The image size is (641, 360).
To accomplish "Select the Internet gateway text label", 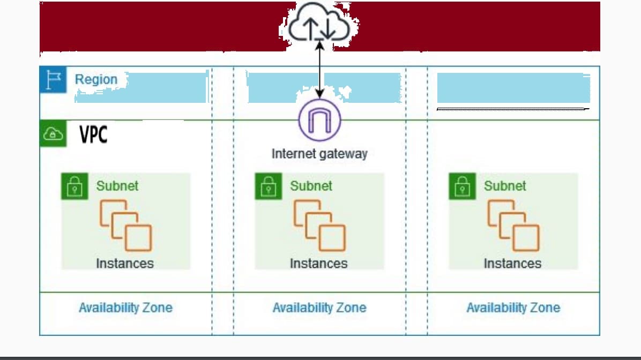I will pyautogui.click(x=319, y=154).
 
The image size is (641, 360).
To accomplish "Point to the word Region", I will pyautogui.click(x=96, y=79).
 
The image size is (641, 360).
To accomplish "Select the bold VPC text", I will pyautogui.click(x=94, y=134).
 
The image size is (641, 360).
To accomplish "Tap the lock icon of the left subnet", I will pyautogui.click(x=74, y=186).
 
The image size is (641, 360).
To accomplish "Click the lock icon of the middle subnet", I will pyautogui.click(x=268, y=186).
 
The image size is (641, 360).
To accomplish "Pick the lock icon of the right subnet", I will pyautogui.click(x=462, y=186).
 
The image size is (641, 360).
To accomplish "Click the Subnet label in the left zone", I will pyautogui.click(x=117, y=186).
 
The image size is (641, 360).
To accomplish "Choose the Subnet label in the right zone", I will pyautogui.click(x=505, y=186).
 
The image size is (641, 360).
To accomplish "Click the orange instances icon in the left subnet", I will pyautogui.click(x=125, y=226).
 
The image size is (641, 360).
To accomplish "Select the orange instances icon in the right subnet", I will pyautogui.click(x=513, y=226).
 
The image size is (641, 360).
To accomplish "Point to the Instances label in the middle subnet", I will pyautogui.click(x=318, y=264).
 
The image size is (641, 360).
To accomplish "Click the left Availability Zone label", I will pyautogui.click(x=125, y=307).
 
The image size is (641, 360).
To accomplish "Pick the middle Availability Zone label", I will pyautogui.click(x=319, y=307).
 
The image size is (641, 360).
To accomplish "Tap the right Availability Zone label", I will pyautogui.click(x=513, y=307).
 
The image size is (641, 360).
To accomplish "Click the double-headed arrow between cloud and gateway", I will pyautogui.click(x=319, y=70).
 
